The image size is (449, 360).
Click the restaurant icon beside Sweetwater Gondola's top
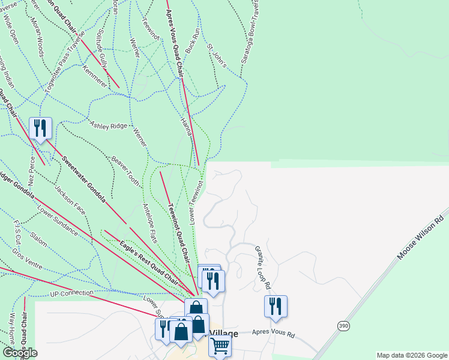tap(40, 128)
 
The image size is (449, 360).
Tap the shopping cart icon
tap(220, 346)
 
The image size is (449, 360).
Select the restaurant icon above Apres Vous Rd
tap(276, 306)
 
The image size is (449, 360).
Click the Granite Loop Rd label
tap(264, 267)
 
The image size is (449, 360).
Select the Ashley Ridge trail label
tap(109, 125)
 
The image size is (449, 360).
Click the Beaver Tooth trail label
tap(125, 171)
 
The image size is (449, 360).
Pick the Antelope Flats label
tap(150, 223)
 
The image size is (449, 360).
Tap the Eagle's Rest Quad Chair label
tap(148, 262)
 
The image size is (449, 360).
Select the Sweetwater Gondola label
tap(84, 179)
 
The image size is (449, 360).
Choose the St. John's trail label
tap(216, 55)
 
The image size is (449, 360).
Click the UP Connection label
tap(72, 294)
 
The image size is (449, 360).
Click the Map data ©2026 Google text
tap(412, 355)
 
